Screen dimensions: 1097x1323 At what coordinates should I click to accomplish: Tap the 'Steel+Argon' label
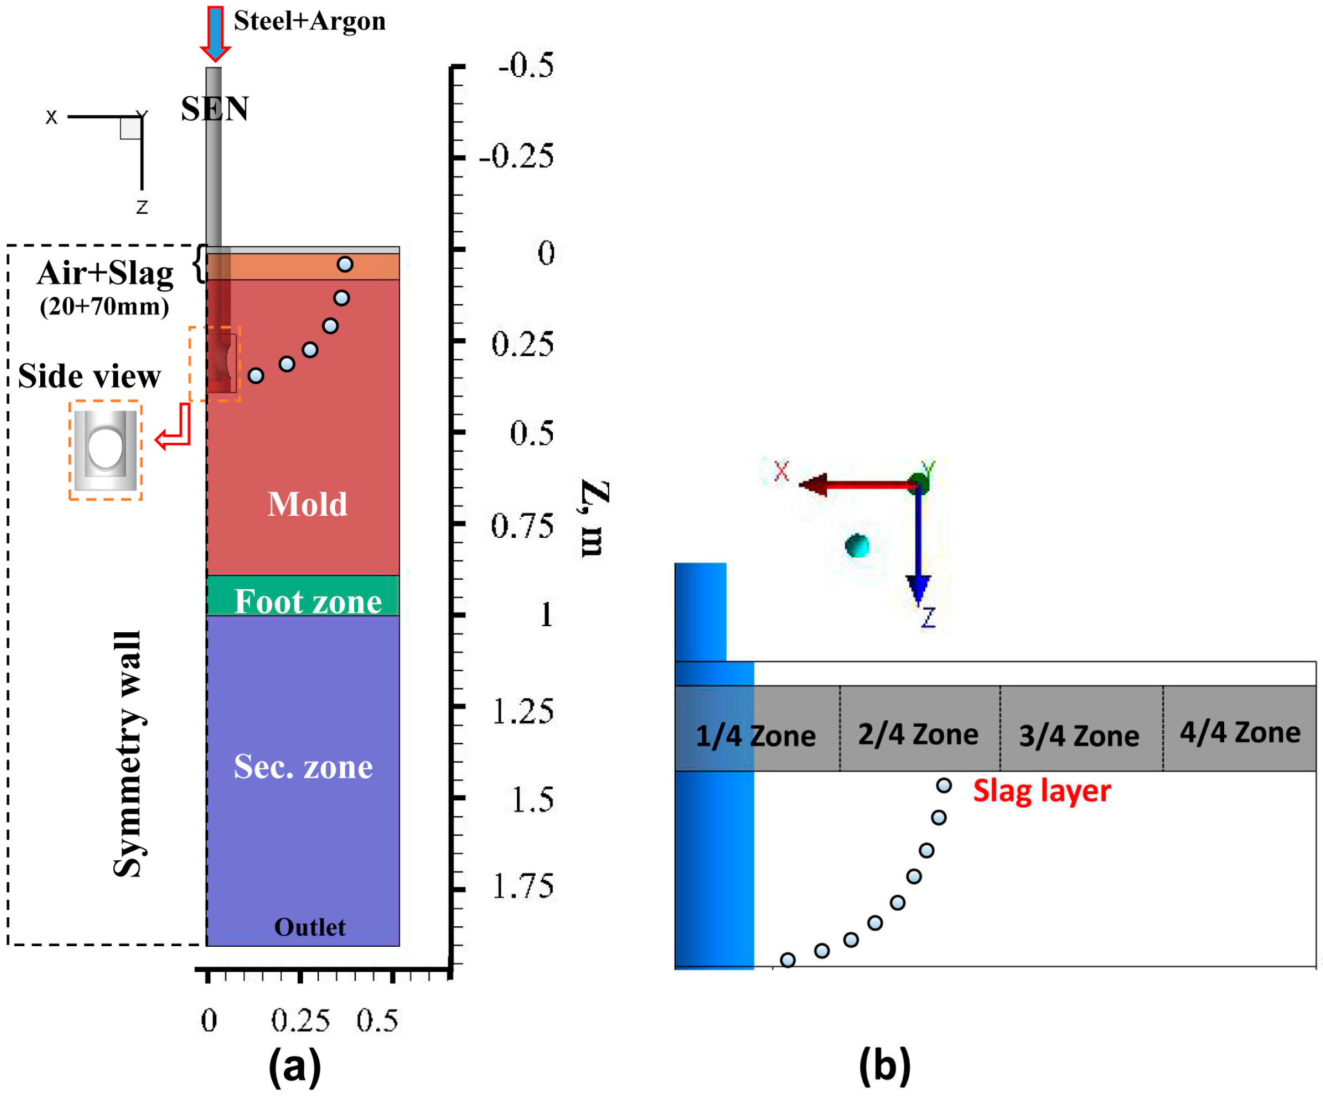(309, 21)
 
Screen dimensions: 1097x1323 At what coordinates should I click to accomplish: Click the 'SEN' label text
(215, 109)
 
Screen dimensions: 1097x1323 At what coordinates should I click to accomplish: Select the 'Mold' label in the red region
(308, 504)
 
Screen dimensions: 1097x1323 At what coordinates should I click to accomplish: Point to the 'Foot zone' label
(308, 602)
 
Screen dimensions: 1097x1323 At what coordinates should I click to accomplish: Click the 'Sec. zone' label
(303, 767)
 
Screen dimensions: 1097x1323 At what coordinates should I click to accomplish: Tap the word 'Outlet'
(309, 927)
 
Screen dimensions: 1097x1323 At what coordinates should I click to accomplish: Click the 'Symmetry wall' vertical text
(127, 754)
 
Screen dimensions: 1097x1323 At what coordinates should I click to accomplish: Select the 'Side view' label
(90, 377)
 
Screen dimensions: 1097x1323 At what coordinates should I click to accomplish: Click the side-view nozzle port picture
(105, 450)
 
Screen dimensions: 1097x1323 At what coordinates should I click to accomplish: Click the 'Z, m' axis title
(594, 518)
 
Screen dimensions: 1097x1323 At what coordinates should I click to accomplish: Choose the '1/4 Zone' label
(755, 736)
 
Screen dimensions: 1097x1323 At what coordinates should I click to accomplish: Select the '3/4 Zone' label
(1079, 736)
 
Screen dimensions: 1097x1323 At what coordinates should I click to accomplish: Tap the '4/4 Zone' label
(1240, 733)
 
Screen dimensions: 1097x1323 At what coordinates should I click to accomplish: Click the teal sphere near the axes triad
(857, 546)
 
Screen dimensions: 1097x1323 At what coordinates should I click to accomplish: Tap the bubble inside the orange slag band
(345, 265)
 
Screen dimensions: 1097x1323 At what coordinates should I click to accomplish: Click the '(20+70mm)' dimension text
(105, 307)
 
